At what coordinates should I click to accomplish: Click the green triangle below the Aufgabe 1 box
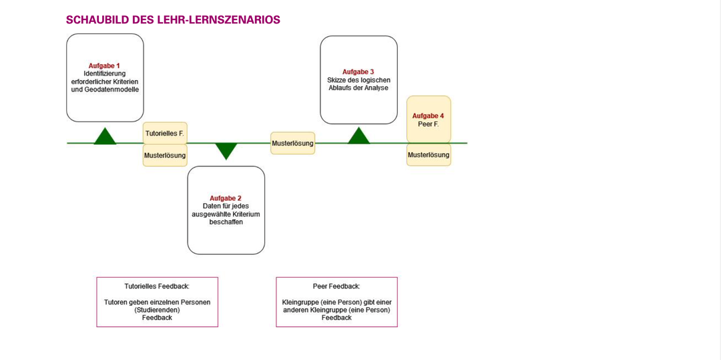point(105,136)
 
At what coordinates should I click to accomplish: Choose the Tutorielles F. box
point(165,133)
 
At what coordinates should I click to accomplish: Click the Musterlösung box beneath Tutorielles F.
point(165,156)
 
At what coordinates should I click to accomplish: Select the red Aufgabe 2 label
point(226,198)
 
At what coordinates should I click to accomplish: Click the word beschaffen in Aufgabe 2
point(226,222)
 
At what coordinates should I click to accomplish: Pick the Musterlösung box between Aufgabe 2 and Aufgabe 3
point(292,143)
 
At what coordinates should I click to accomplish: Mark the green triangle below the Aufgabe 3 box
point(358,136)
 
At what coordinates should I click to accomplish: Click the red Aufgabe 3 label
point(358,71)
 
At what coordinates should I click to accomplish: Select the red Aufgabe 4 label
point(429,116)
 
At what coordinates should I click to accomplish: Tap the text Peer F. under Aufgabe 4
point(429,124)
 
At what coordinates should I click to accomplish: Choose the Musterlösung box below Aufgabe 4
point(429,155)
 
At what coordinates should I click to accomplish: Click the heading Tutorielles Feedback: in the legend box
point(157,286)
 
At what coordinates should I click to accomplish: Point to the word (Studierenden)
point(158,310)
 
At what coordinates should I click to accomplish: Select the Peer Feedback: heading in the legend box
point(336,286)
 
